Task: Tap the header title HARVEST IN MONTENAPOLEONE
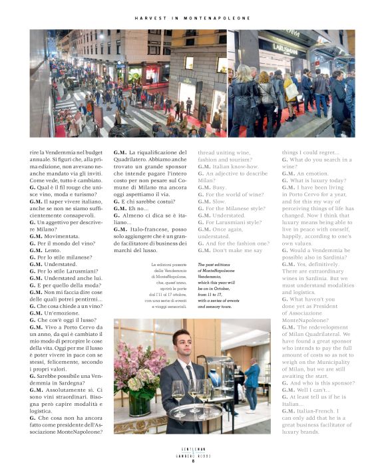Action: coord(192,18)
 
